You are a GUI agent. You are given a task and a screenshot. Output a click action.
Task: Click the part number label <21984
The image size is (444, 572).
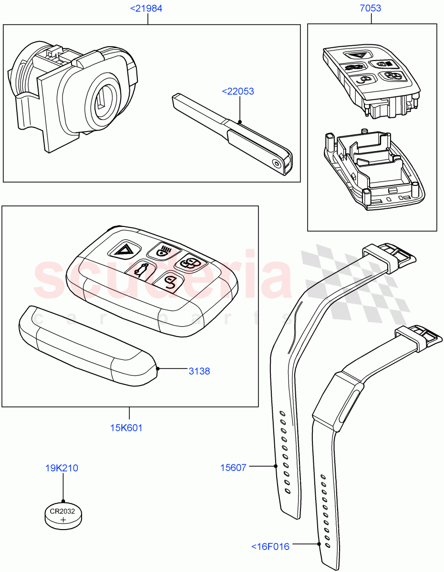point(146,9)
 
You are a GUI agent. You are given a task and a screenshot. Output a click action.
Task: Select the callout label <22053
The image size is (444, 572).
point(237,91)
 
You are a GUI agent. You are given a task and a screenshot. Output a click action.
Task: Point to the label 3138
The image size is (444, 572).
point(199,371)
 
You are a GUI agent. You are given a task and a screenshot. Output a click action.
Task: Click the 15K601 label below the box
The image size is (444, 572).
point(126,428)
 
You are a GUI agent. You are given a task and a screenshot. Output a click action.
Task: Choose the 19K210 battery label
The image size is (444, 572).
point(62,468)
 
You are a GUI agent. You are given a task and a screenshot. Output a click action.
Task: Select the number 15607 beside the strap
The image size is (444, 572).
point(233,468)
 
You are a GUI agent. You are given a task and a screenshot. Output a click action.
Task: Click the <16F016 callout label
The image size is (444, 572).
point(270,547)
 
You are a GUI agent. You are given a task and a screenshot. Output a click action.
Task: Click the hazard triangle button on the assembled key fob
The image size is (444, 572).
point(125,249)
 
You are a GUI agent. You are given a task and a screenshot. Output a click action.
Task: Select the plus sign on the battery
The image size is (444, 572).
point(63,521)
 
